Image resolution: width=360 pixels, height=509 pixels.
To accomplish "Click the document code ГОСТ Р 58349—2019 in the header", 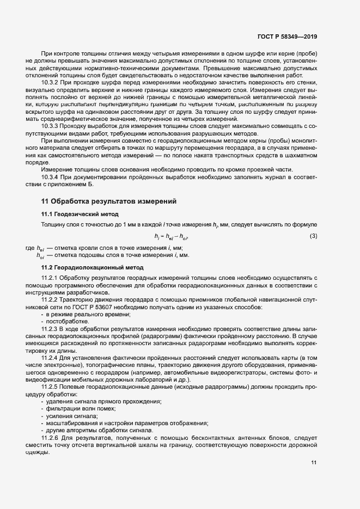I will click(x=287, y=36).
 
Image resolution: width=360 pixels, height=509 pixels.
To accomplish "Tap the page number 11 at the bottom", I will click(x=314, y=463).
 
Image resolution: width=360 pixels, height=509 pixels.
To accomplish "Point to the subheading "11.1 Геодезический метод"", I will click(x=80, y=213).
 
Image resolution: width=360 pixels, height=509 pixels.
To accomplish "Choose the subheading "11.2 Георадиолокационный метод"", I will click(x=93, y=268).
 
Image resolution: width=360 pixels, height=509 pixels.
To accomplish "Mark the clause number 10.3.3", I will click(x=50, y=125).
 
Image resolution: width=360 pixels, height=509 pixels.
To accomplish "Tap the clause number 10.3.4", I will click(x=50, y=177).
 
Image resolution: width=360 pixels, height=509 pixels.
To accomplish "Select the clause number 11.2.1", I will click(x=50, y=279).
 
